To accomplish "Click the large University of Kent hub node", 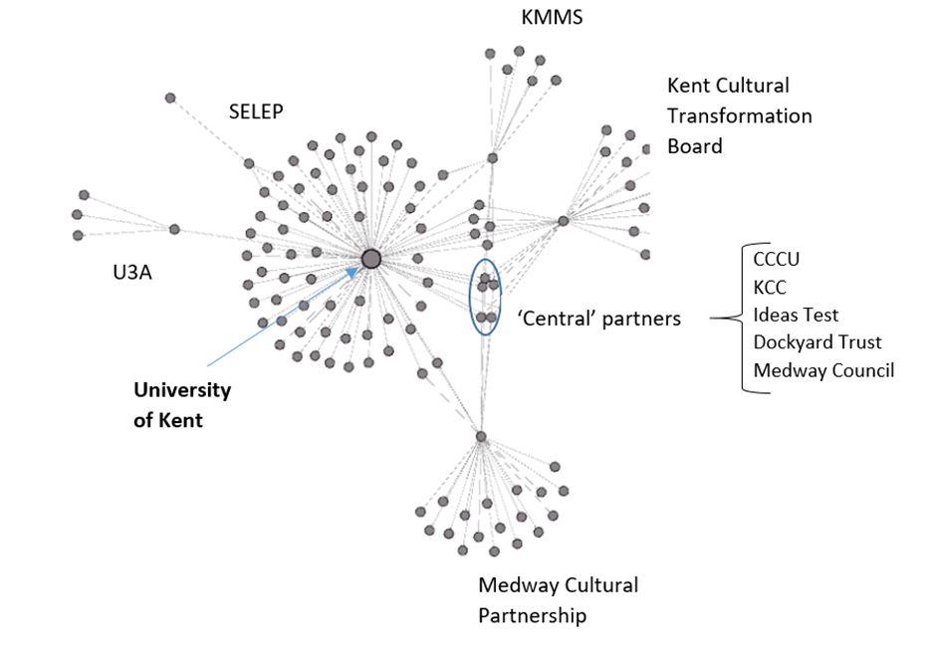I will pyautogui.click(x=370, y=259).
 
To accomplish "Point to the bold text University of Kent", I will pyautogui.click(x=182, y=405).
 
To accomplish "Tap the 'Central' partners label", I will pyautogui.click(x=599, y=320).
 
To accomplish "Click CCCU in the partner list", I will pyautogui.click(x=777, y=260).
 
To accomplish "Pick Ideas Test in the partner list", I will pyautogui.click(x=796, y=316).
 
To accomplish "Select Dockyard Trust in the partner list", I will pyautogui.click(x=818, y=342).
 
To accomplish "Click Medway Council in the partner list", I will pyautogui.click(x=823, y=370).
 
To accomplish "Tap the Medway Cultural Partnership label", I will pyautogui.click(x=558, y=600).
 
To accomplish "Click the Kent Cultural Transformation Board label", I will pyautogui.click(x=739, y=115).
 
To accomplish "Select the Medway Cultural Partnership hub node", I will pyautogui.click(x=481, y=436).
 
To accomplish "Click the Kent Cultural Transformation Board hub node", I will pyautogui.click(x=563, y=221).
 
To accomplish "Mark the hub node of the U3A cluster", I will pyautogui.click(x=174, y=229).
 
